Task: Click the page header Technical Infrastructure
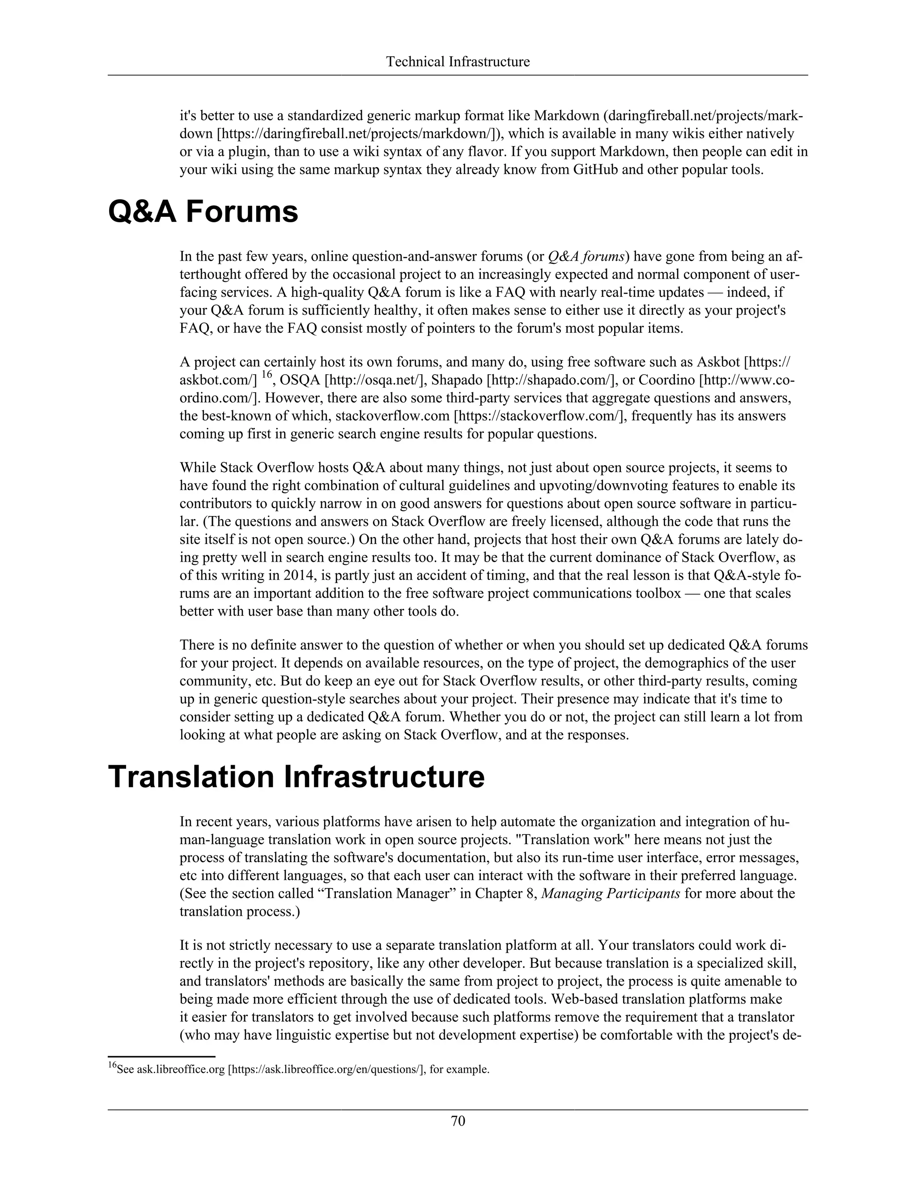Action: (458, 62)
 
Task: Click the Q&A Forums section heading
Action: (203, 212)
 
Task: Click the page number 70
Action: (458, 1121)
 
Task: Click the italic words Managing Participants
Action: (611, 893)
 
